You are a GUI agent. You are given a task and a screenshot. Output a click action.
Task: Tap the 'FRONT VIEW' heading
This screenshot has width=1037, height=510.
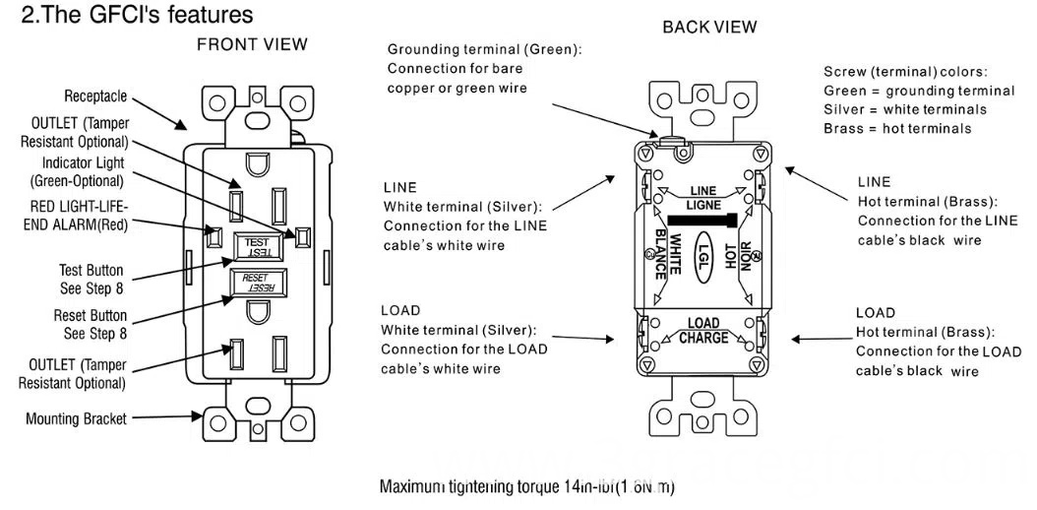point(252,44)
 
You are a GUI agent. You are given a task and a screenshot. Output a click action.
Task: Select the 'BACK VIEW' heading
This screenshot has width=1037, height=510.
point(710,27)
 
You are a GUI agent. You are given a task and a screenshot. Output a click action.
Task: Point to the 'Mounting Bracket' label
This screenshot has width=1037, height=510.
point(76,418)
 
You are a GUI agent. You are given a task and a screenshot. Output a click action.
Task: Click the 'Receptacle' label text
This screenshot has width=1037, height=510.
point(95,96)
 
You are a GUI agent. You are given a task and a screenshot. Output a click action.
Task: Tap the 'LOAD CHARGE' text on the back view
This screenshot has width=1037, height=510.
point(702,331)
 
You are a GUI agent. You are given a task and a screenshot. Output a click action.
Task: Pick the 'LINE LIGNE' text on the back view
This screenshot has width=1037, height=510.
point(702,197)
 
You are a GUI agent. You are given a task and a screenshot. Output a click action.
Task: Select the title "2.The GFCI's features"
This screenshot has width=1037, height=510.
point(137,15)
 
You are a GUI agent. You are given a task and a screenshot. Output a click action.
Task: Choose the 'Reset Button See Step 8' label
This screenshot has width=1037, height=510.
point(90,324)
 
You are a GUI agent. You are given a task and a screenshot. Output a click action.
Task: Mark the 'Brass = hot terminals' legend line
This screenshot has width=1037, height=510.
point(897,128)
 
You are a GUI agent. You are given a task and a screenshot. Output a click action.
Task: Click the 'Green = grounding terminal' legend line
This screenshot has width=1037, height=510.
point(905,91)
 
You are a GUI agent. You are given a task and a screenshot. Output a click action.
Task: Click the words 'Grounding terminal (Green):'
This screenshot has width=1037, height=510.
point(483,49)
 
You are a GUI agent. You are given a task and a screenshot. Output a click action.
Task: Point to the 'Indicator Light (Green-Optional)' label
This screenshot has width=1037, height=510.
point(83,171)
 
